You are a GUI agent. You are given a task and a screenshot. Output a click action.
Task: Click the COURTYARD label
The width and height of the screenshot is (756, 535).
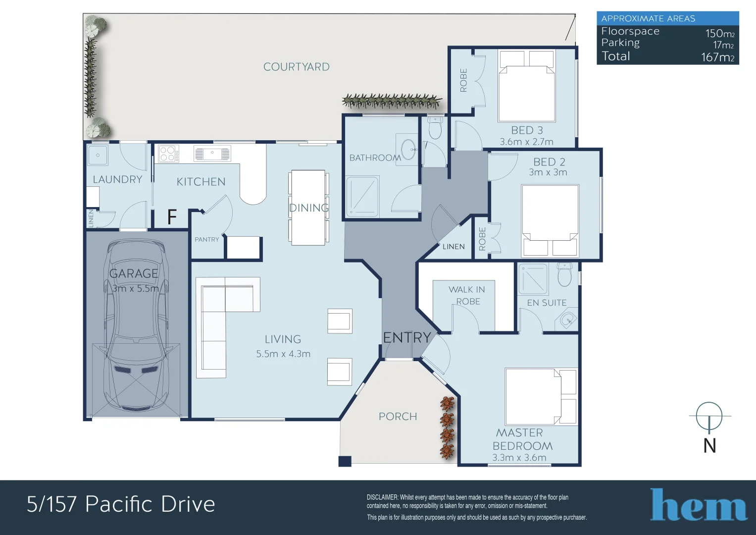296,67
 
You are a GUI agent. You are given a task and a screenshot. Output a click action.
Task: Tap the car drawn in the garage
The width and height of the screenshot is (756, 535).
135,327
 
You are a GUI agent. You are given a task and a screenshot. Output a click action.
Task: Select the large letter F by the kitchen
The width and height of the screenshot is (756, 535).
172,217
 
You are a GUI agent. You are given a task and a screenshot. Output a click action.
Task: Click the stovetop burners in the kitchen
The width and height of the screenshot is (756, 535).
168,154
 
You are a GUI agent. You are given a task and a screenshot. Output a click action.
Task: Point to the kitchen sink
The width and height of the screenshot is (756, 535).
212,154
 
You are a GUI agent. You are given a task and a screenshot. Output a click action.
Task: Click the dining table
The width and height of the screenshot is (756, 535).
308,208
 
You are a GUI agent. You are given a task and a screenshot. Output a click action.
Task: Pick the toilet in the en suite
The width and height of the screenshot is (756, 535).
564,275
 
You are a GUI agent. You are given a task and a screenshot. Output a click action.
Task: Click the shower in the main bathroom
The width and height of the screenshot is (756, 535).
362,196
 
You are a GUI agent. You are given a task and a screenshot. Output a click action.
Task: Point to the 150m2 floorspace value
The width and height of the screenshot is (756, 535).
719,33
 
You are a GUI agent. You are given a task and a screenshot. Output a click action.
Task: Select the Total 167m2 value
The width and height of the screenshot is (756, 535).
717,57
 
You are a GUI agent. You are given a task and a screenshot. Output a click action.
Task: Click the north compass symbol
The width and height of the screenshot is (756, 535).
709,417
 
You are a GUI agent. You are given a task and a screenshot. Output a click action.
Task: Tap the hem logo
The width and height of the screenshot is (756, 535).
698,505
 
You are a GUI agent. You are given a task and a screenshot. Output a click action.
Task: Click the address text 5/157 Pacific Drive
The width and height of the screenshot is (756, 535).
121,504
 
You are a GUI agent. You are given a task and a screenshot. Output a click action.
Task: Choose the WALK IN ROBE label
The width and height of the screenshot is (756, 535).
467,295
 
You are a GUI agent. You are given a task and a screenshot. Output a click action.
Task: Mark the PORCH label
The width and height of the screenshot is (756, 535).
398,417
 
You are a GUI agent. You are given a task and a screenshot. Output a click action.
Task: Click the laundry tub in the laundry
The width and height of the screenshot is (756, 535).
98,155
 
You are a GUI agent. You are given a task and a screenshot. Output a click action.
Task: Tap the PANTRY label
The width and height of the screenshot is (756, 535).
206,239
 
